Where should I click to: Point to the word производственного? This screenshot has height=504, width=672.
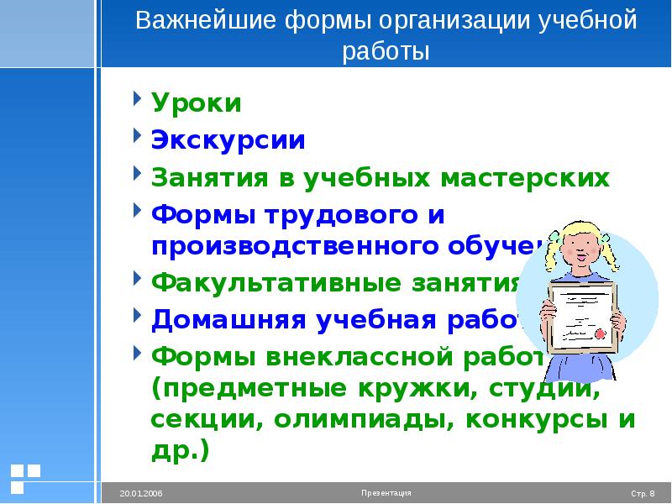click(x=276, y=245)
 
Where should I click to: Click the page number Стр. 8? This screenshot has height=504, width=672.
click(x=644, y=492)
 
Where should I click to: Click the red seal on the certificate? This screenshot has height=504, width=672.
click(x=601, y=333)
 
